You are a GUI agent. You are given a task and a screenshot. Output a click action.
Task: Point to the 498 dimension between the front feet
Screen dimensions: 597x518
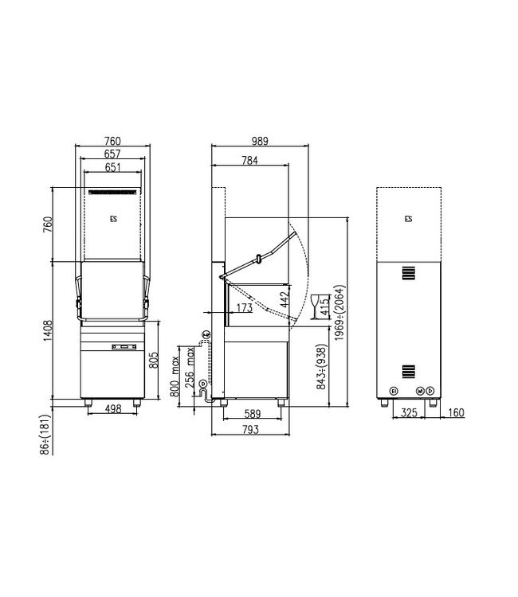112,411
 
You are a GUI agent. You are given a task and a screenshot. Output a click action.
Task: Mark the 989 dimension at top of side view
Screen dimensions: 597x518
258,141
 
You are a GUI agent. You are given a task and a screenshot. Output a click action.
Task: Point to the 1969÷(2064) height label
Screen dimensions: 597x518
340,313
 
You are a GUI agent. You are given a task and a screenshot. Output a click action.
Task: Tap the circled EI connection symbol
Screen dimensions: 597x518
392,390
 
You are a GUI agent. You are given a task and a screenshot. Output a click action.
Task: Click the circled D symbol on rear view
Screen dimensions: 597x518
430,390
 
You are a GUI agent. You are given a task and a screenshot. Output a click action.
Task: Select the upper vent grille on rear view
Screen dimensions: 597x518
408,273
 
